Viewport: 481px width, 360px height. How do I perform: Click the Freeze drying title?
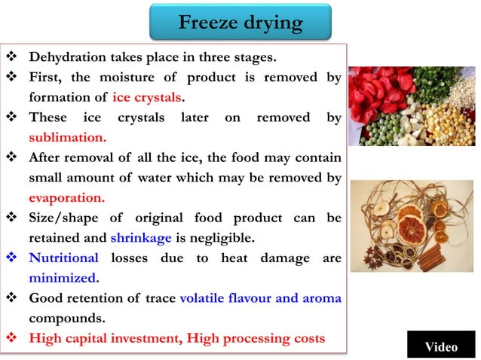click(x=240, y=23)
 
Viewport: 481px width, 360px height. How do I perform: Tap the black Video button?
click(x=440, y=346)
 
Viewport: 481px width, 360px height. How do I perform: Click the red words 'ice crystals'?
click(x=149, y=97)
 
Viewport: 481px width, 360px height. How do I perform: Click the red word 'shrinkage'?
click(x=141, y=238)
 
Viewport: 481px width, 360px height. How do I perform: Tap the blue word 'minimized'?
click(x=63, y=278)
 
